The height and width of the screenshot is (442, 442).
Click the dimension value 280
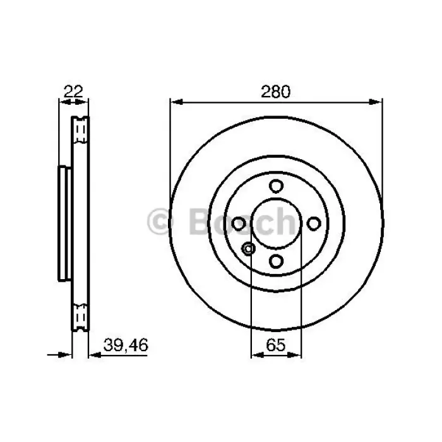tap(275, 92)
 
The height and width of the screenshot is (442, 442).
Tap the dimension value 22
tap(73, 91)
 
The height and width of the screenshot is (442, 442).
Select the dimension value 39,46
tap(126, 345)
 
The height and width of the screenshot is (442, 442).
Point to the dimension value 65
tap(276, 345)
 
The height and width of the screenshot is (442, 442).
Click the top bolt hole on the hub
tap(276, 186)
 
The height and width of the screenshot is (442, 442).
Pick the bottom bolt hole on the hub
tap(276, 261)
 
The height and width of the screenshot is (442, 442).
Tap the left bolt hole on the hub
tap(239, 224)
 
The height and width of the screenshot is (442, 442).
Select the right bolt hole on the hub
tap(314, 224)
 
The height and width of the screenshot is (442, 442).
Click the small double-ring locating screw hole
tap(249, 249)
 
